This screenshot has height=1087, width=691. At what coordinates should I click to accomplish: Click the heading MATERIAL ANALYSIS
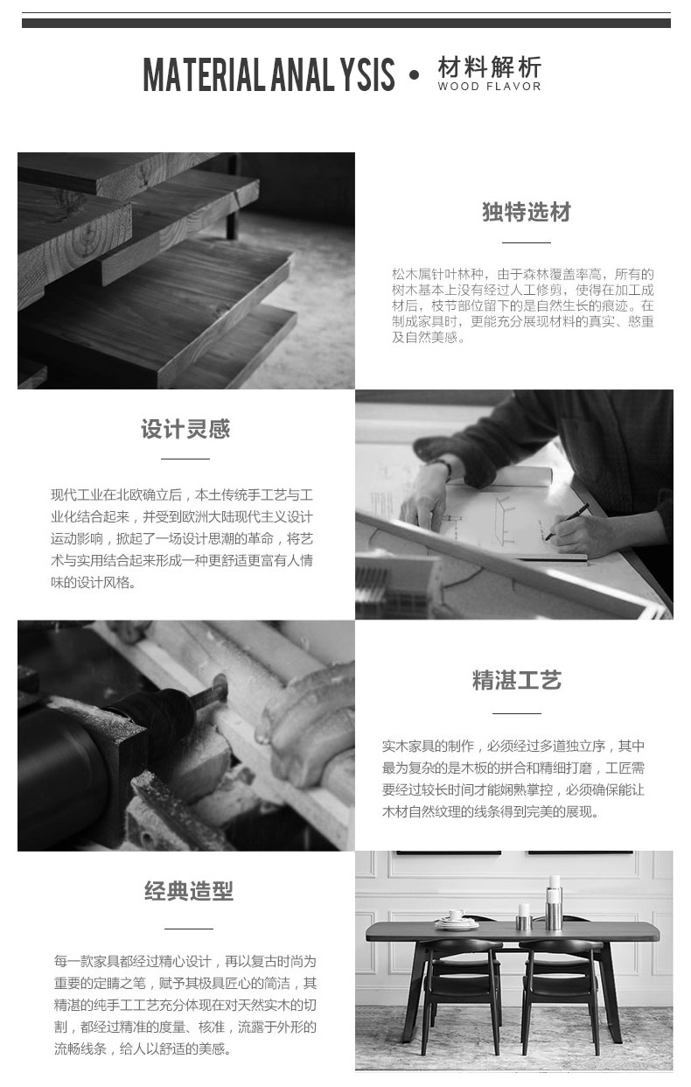(269, 74)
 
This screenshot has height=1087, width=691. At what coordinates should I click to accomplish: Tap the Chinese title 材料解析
(489, 67)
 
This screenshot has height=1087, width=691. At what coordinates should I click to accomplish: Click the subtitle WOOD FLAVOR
(489, 87)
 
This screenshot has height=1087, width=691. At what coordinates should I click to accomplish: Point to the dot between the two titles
(414, 74)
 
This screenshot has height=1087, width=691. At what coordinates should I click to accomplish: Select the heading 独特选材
(527, 212)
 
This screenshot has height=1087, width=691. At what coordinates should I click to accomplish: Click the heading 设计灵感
(185, 429)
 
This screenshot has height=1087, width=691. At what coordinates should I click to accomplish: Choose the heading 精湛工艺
(517, 680)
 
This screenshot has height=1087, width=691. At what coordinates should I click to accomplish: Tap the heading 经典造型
(189, 891)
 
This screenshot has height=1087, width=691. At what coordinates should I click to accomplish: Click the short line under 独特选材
(527, 242)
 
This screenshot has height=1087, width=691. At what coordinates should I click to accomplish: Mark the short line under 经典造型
(189, 929)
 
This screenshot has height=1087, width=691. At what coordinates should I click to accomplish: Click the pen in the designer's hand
(567, 522)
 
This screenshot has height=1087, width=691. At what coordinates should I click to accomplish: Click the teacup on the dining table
(456, 915)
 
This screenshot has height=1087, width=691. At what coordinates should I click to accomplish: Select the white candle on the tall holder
(555, 881)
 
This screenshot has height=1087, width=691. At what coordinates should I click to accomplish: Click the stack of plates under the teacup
(456, 923)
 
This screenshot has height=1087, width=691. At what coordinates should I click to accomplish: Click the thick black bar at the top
(346, 24)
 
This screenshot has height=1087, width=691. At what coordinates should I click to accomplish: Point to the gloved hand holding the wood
(311, 713)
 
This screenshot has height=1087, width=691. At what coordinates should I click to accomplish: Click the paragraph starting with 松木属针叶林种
(523, 305)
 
